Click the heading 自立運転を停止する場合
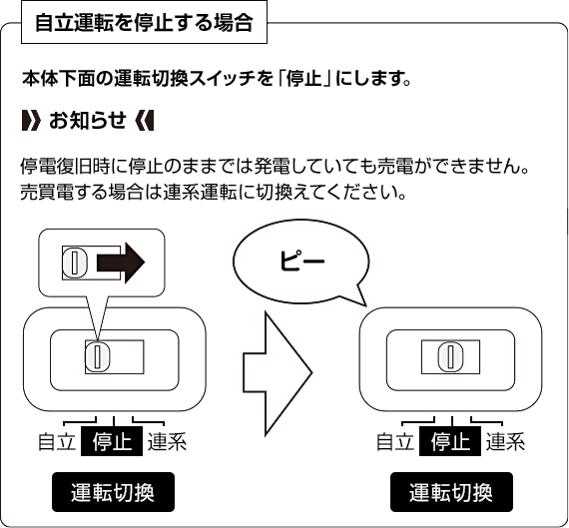(x=144, y=23)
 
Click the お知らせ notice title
(x=88, y=120)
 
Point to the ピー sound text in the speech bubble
(x=301, y=261)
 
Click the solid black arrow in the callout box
(x=121, y=263)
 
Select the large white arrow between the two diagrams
(x=278, y=373)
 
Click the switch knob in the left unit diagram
(x=97, y=356)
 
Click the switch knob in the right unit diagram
(x=450, y=356)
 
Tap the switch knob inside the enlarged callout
(x=75, y=263)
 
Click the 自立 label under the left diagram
(x=57, y=441)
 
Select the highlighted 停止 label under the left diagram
(x=112, y=441)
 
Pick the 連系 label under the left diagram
(x=167, y=441)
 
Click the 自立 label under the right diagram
(x=395, y=441)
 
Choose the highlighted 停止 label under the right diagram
(x=450, y=441)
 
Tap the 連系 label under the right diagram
(x=505, y=441)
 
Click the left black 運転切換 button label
(x=113, y=492)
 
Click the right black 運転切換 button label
(x=451, y=492)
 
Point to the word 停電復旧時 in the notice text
(x=65, y=167)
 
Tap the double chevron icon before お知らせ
(x=31, y=120)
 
